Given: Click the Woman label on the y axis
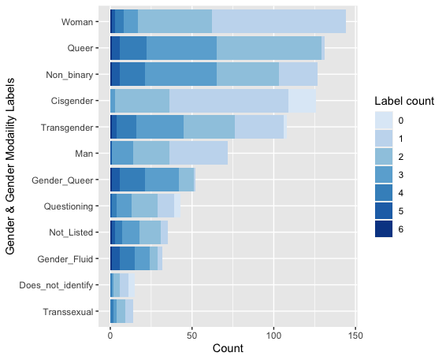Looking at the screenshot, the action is point(77,22).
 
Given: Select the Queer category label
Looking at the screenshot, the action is point(80,48).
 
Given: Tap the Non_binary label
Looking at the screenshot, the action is point(69,75).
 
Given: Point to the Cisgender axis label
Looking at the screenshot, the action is point(72,101).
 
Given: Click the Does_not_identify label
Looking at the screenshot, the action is point(56,285).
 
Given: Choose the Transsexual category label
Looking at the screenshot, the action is point(68,312).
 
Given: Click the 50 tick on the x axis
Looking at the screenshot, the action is point(192,336).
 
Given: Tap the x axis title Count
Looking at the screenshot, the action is point(228,348).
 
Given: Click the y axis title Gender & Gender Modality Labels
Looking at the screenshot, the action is point(10,166).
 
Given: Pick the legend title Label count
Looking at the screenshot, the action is point(404,101).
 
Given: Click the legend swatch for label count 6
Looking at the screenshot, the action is point(384,229).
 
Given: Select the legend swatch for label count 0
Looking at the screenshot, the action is point(384,121).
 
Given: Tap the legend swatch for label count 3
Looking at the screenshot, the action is point(384,175).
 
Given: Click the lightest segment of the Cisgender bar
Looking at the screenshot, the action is point(302,101).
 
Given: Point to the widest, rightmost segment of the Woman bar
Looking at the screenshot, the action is point(279,21).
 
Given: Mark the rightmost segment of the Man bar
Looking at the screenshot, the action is point(199,153).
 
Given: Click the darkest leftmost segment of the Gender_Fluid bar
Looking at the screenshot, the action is point(115,258).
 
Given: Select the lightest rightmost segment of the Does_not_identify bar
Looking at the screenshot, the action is point(132,285).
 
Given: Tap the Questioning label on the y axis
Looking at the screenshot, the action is point(69,206).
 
